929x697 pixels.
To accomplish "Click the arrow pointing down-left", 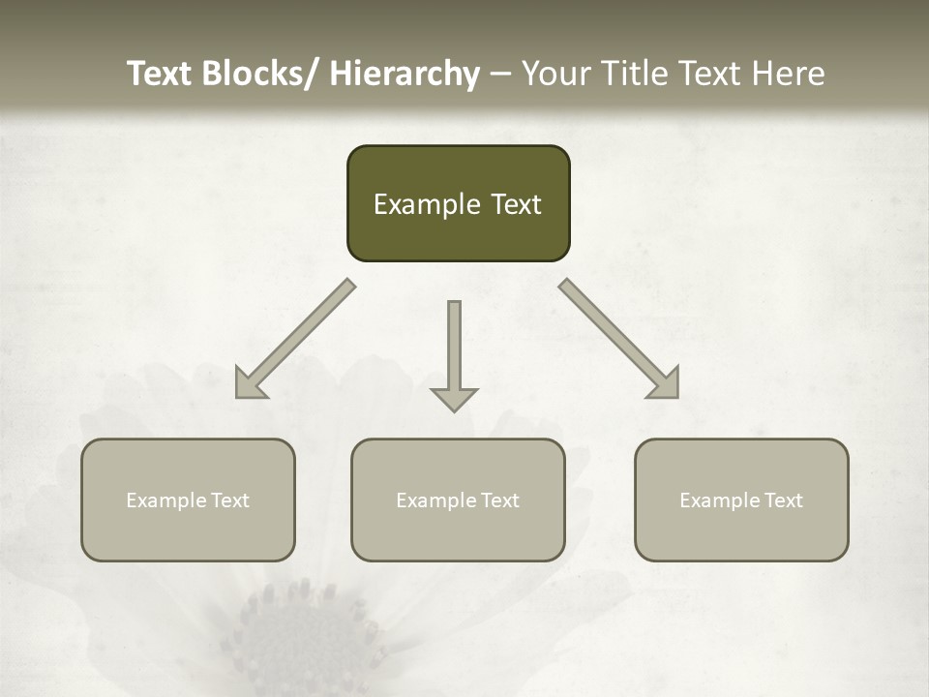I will [295, 339].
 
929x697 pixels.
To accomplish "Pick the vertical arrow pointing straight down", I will [454, 353].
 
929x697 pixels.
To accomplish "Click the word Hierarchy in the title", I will [405, 74].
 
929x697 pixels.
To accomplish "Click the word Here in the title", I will [791, 74].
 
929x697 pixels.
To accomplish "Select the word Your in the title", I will [555, 74].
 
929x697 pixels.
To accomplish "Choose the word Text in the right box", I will [784, 500].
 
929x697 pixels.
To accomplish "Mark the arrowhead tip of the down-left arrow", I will [238, 396].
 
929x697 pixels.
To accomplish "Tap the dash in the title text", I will [500, 75].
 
